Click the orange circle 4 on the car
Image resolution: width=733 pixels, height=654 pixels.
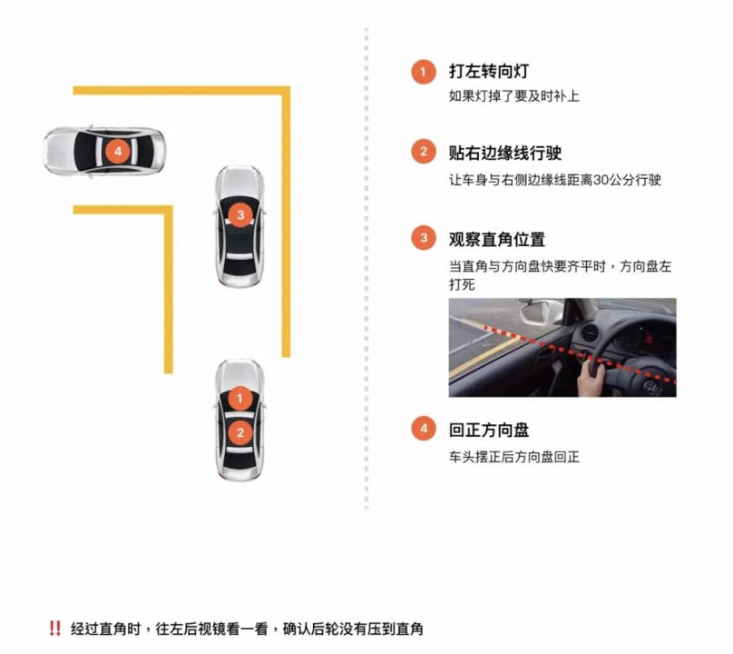[x=116, y=150]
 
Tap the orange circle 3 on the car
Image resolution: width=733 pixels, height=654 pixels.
[x=239, y=215]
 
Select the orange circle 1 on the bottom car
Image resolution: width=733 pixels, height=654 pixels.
[x=239, y=398]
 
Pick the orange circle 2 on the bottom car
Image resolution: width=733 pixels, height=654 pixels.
[x=239, y=432]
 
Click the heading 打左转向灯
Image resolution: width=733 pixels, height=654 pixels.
[x=488, y=71]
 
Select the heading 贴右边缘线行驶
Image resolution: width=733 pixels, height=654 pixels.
[x=505, y=153]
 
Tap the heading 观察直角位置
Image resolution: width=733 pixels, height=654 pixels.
[x=496, y=240]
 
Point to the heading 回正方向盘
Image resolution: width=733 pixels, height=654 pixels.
[x=488, y=430]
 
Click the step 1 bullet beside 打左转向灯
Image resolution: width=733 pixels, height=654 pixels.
[x=423, y=71]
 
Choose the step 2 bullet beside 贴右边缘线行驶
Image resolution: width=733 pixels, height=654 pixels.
[x=423, y=153]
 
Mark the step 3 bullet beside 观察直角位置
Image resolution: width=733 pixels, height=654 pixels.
[x=423, y=240]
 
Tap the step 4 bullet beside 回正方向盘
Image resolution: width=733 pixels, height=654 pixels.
[x=423, y=430]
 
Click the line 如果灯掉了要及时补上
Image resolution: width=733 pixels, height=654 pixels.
[x=513, y=95]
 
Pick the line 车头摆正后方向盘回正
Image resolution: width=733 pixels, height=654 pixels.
[x=513, y=456]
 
